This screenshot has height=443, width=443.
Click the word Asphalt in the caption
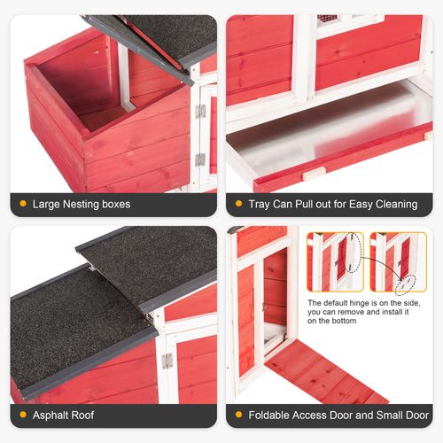[52, 415]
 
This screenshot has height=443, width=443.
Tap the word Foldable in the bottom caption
[271, 415]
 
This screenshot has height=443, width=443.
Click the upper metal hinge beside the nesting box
[200, 111]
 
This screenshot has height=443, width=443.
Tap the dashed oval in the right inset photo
[407, 284]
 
